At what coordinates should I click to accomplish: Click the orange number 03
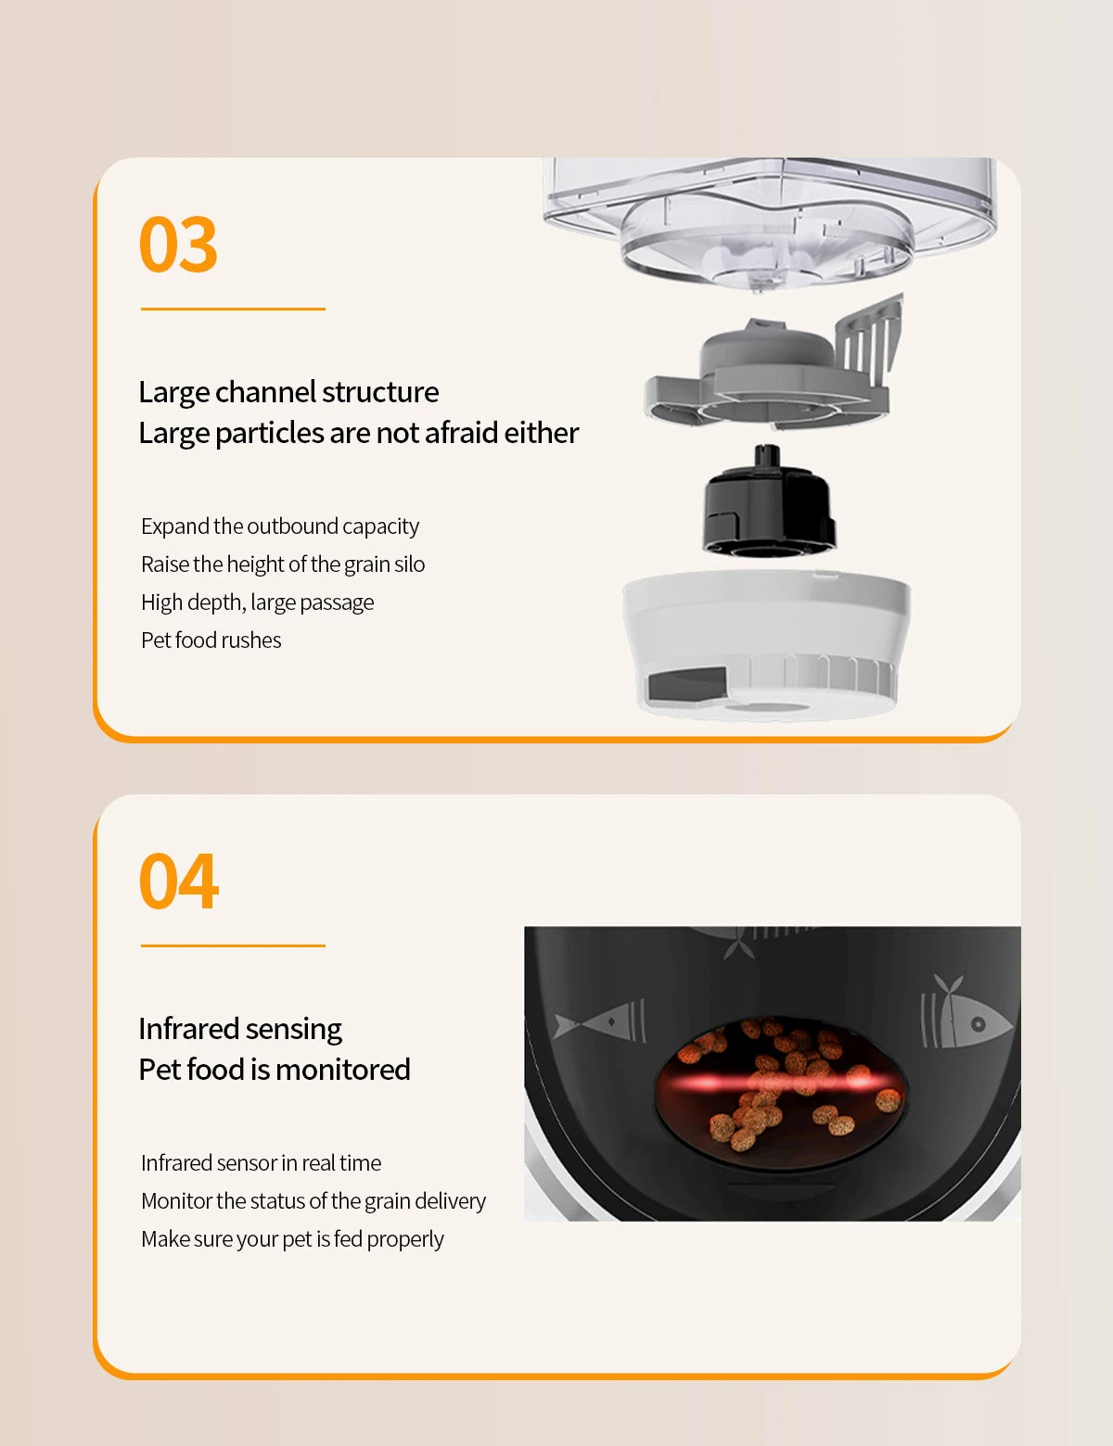(x=178, y=244)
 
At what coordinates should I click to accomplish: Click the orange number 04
(x=178, y=882)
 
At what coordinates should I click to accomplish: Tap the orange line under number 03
(x=233, y=309)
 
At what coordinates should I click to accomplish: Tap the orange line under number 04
(x=233, y=945)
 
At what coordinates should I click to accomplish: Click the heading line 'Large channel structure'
(x=288, y=392)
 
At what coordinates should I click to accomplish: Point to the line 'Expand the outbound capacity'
(x=279, y=526)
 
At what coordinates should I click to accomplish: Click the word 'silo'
(x=409, y=564)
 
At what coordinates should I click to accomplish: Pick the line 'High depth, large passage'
(x=257, y=602)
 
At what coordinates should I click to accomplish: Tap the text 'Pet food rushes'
(x=211, y=641)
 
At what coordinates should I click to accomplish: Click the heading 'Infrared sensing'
(x=240, y=1029)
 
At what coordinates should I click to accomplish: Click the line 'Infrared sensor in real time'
(x=261, y=1162)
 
